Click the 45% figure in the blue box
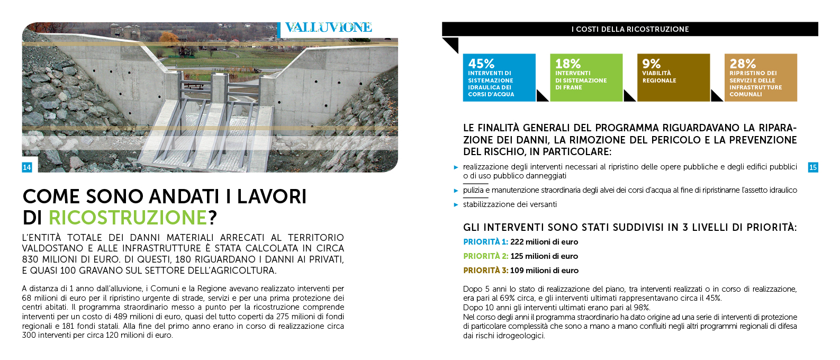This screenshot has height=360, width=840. point(481,64)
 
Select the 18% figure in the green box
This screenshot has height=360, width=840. point(568,64)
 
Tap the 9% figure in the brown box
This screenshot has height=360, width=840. point(651,64)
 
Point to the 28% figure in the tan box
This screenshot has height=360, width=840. point(743,64)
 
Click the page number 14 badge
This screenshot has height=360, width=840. point(27,167)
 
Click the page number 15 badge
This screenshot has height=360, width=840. point(813,167)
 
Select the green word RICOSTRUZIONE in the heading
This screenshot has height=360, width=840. point(128,218)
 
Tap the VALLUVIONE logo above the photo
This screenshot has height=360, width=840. point(328,28)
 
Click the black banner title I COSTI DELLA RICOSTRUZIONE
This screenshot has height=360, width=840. point(630,29)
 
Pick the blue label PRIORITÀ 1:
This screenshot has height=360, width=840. point(485,242)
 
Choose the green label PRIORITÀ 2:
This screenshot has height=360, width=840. point(485,256)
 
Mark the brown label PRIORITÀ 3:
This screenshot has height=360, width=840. point(485,271)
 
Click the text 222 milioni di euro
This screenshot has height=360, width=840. point(544,242)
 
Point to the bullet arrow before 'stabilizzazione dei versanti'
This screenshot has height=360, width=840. point(456,205)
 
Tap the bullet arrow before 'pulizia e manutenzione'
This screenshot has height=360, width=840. point(456,191)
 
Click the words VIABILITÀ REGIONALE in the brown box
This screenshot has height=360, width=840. point(659,77)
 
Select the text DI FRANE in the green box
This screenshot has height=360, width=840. point(568,87)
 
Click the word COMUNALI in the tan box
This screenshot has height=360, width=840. point(746,94)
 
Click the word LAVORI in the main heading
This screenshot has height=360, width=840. point(272,196)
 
